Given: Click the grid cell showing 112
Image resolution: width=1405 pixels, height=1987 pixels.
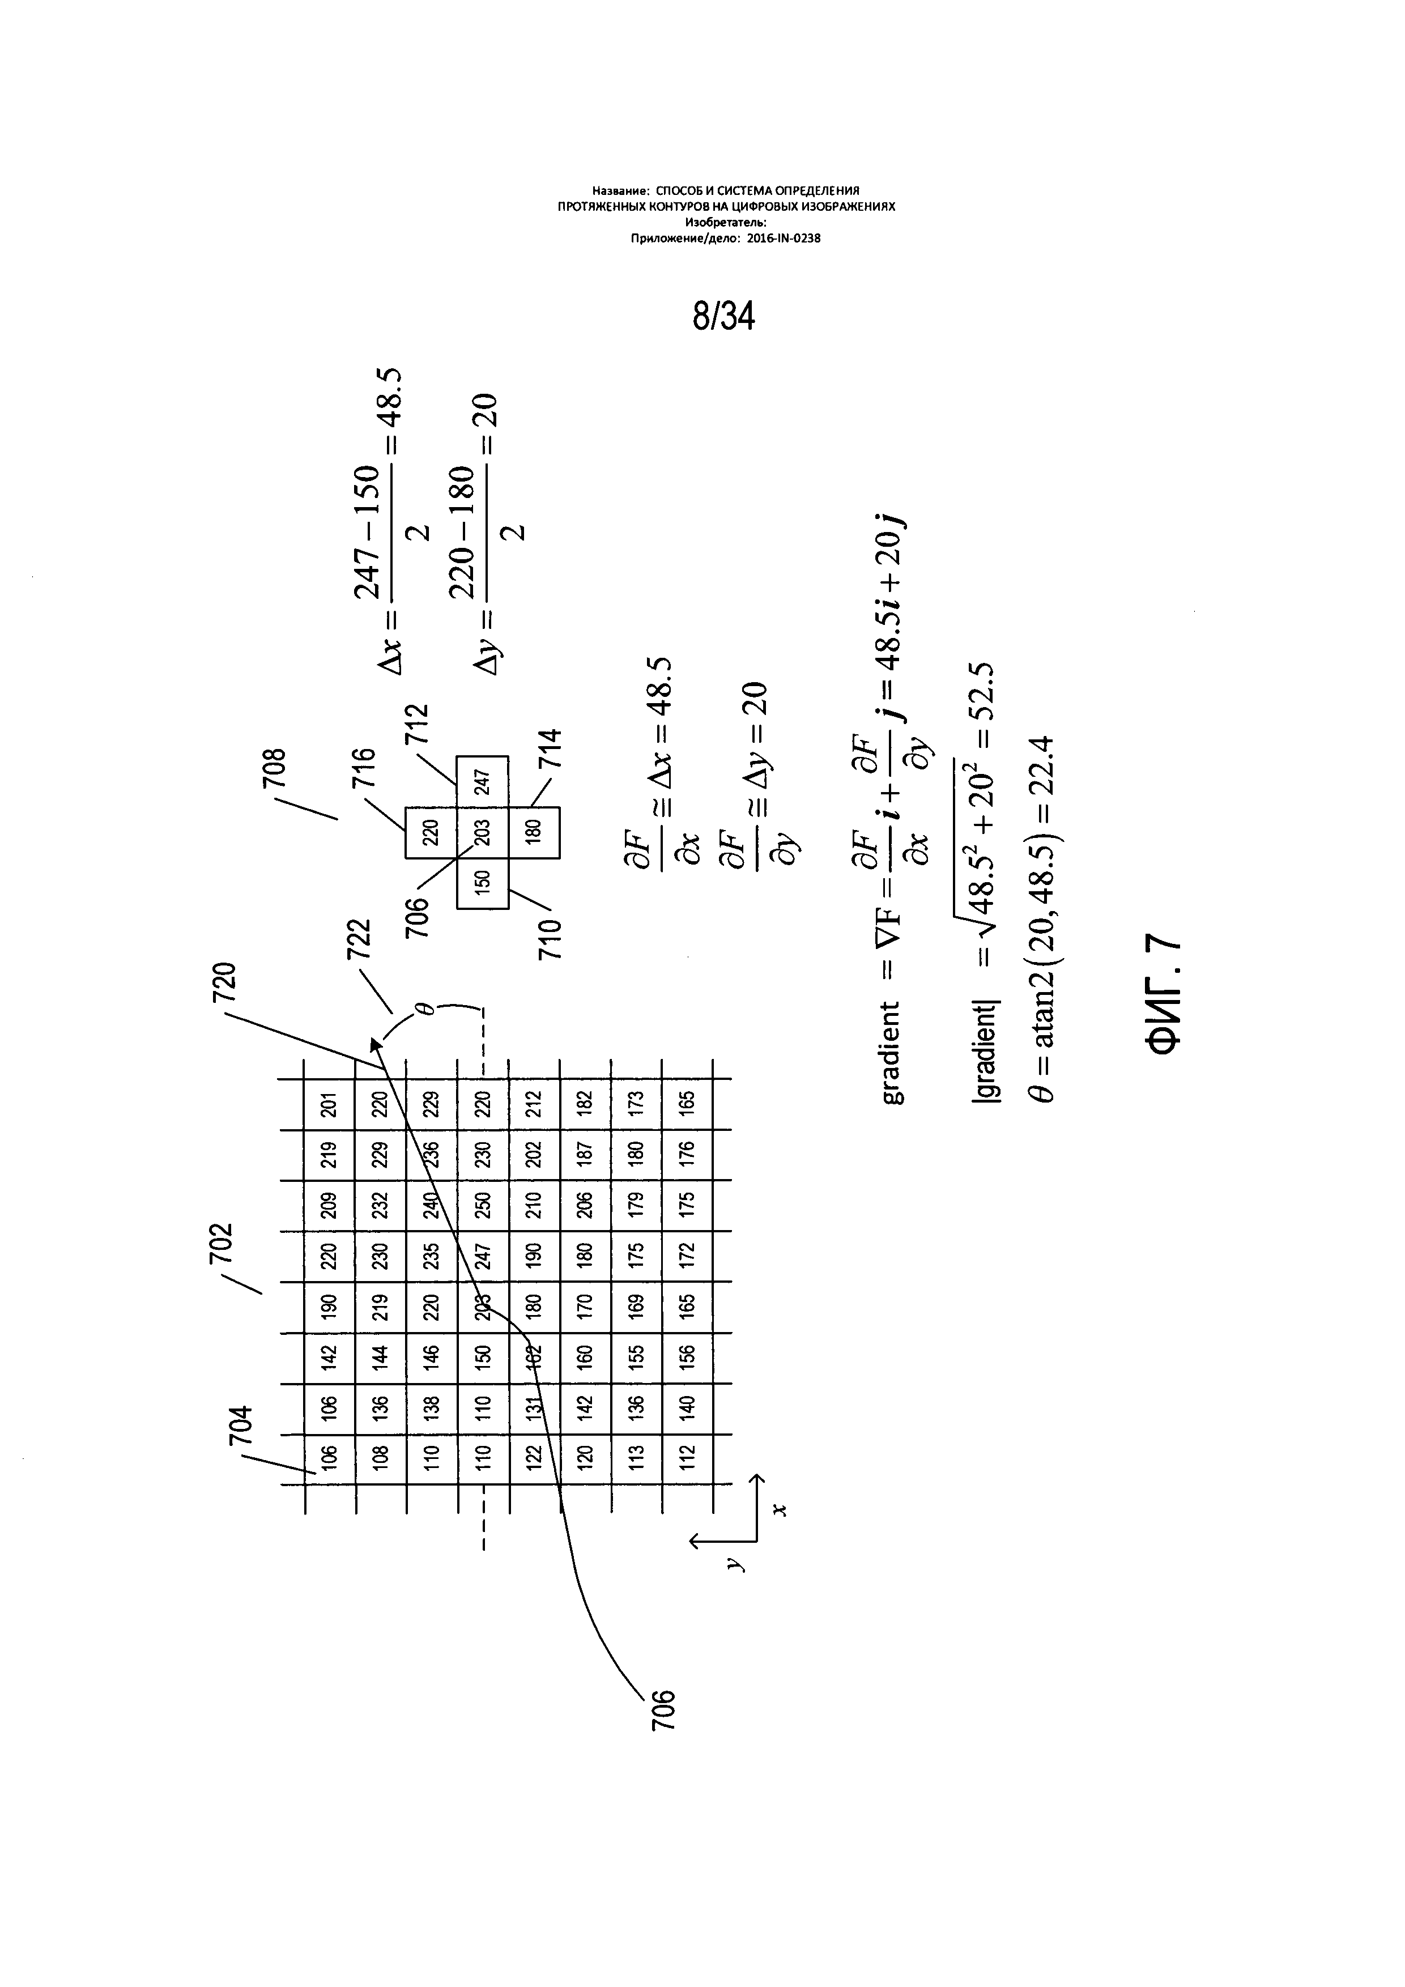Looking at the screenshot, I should tap(688, 1457).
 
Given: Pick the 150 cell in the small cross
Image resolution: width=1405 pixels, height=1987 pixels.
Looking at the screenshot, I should tap(483, 882).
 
